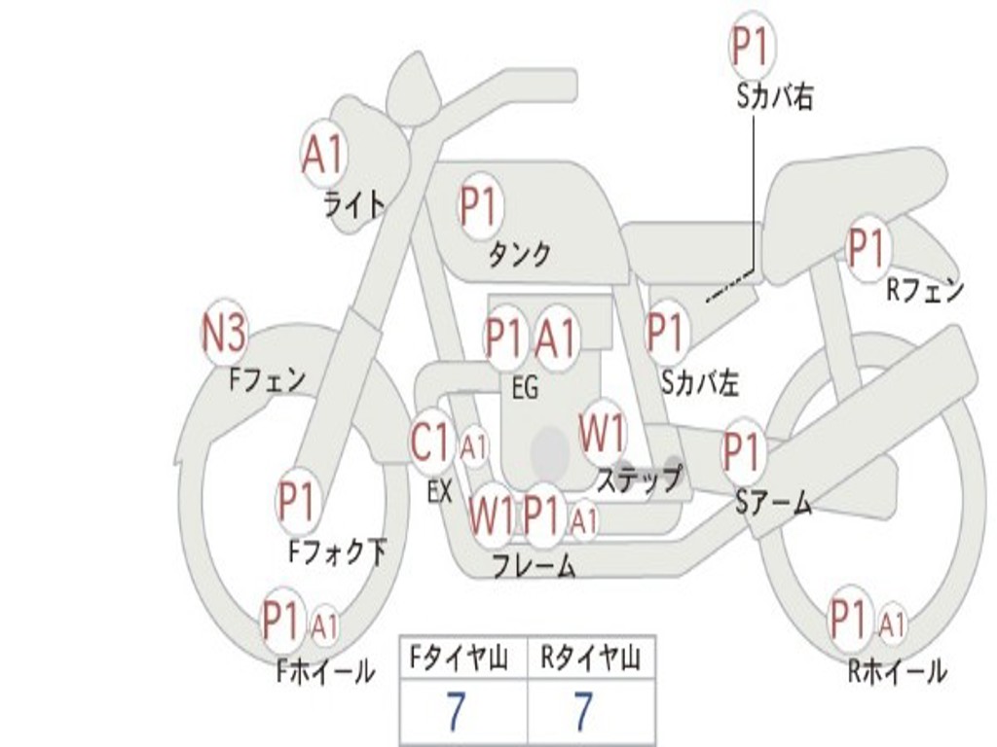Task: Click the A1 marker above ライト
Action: pyautogui.click(x=323, y=154)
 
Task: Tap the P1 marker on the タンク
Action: pyautogui.click(x=478, y=206)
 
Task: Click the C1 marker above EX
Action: pyautogui.click(x=431, y=444)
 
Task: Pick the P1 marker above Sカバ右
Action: pyautogui.click(x=752, y=48)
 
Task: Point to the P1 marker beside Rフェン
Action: pyautogui.click(x=866, y=249)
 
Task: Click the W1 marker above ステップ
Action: pyautogui.click(x=603, y=433)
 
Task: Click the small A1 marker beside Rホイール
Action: pyautogui.click(x=892, y=622)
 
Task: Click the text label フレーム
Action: pyautogui.click(x=533, y=566)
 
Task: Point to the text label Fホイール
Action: pyautogui.click(x=326, y=670)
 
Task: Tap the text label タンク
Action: pyautogui.click(x=519, y=255)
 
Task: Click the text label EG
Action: pyautogui.click(x=525, y=388)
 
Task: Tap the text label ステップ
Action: pyautogui.click(x=640, y=480)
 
